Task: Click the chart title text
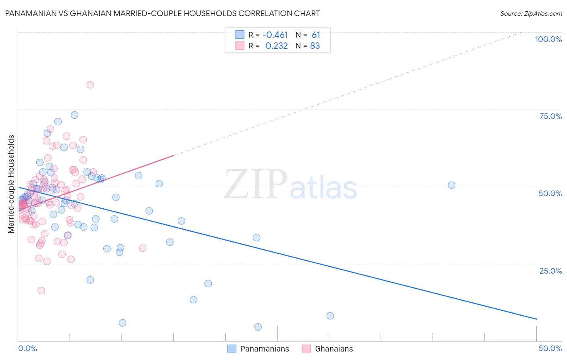(162, 13)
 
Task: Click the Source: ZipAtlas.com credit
(531, 13)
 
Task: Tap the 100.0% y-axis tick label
(548, 39)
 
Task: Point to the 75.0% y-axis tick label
(550, 116)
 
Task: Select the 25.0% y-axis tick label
(550, 270)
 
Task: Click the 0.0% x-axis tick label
(27, 348)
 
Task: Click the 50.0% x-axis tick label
(550, 348)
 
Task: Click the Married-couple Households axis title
(11, 184)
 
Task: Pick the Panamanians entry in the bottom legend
(264, 349)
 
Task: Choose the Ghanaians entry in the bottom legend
(334, 349)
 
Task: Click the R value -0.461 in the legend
(275, 35)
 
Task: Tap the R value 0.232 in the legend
(277, 46)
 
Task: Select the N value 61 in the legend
(316, 35)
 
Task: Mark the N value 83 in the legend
(315, 46)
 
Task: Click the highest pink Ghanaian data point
(90, 85)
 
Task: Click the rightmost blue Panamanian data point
(452, 185)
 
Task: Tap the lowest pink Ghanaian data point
(41, 291)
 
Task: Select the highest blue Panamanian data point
(75, 115)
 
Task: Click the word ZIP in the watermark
(256, 184)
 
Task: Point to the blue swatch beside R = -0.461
(240, 35)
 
